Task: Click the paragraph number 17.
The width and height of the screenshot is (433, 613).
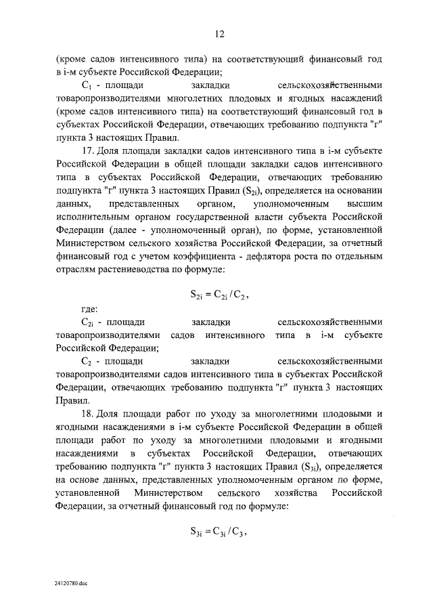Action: (x=86, y=150)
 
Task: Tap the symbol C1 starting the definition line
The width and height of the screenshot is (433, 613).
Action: (x=86, y=86)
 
